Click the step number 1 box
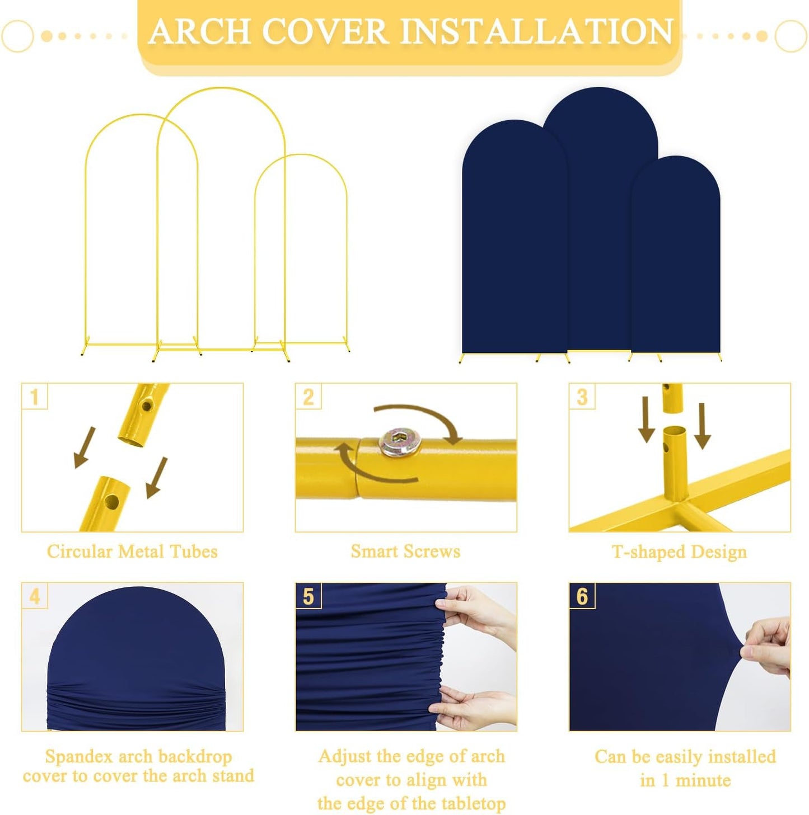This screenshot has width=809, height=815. coord(34,397)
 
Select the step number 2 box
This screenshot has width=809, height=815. coord(308,397)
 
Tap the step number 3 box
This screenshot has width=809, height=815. coord(582,397)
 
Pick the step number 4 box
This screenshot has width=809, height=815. coord(34,596)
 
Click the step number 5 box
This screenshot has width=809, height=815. coord(308,596)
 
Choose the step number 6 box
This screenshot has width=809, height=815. coord(582,596)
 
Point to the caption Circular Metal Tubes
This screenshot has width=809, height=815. coord(132,552)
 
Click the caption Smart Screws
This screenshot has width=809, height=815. coord(405,552)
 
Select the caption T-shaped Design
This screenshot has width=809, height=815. coord(679,552)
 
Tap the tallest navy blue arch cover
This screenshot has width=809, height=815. coord(600,213)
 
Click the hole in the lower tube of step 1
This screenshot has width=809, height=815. coord(112,502)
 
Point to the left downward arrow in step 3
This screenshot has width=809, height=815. coord(646,420)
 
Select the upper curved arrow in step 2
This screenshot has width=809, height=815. coord(420,417)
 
